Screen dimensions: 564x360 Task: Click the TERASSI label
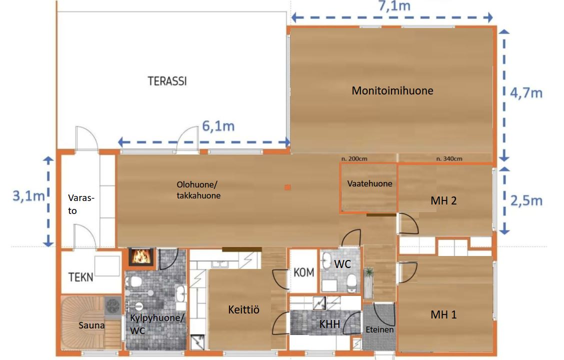point(167,81)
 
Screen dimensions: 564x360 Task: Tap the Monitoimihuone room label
point(392,90)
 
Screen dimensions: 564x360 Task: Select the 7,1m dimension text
point(394,6)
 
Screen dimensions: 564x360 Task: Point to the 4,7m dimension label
point(526,93)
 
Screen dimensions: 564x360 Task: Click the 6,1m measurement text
point(218,126)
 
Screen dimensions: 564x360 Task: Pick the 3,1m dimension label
point(29,196)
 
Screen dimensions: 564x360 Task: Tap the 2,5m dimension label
point(526,200)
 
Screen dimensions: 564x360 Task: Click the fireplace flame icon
point(141,256)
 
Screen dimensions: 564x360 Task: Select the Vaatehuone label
point(370,184)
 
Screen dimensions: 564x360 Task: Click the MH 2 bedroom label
point(443,200)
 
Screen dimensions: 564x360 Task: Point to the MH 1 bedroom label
point(443,314)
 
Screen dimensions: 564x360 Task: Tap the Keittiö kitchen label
point(243,309)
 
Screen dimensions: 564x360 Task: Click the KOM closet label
point(304,272)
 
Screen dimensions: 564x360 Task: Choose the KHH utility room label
point(329,324)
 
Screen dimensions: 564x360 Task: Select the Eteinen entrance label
point(379,329)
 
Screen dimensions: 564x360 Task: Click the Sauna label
point(91,325)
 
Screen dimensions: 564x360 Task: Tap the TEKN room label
point(81,277)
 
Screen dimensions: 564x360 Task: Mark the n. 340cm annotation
point(449,158)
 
